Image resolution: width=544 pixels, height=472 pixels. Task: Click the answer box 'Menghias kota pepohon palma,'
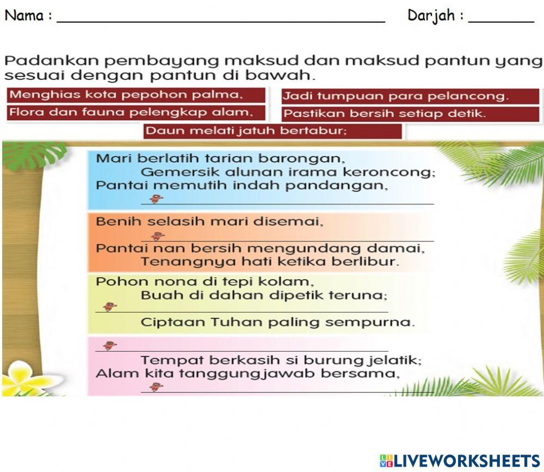136,95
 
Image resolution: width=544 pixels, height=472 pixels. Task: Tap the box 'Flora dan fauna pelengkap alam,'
136,113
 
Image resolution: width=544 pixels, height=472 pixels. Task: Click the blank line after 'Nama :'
220,17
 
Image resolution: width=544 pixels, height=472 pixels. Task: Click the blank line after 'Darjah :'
500,17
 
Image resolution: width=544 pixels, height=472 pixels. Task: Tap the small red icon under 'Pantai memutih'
156,199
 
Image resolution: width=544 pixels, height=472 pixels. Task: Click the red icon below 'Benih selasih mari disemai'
158,236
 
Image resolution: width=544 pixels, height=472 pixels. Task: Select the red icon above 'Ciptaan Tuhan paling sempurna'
110,307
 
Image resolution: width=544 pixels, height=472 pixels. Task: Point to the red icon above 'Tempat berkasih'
110,345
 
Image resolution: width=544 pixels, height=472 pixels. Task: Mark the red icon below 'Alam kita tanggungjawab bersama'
156,387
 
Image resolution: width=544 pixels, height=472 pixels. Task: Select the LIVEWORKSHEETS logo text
466,460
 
